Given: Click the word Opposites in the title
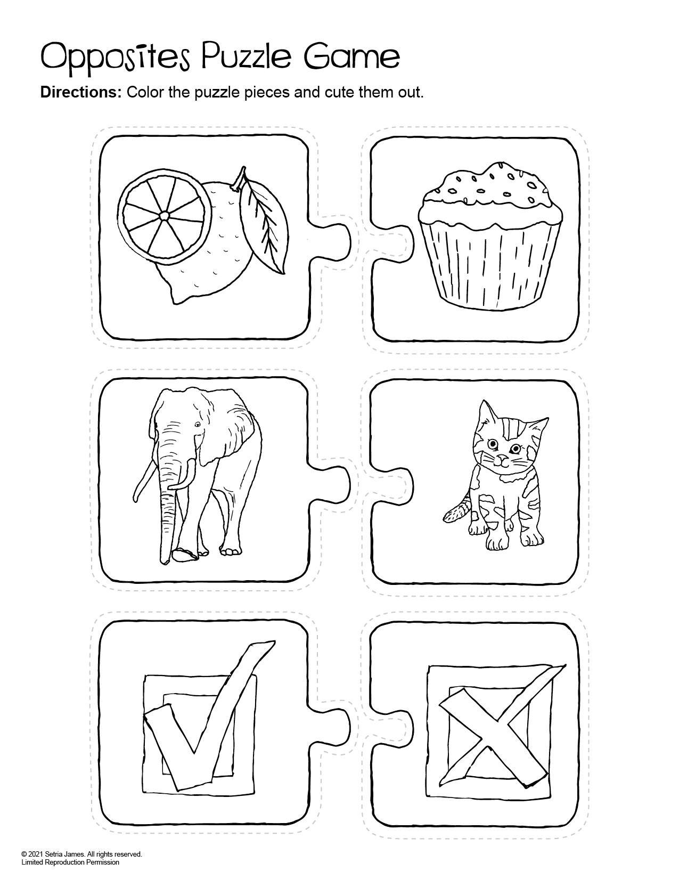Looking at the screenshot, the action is (115, 60).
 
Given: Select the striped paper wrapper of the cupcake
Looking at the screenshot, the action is (490, 267).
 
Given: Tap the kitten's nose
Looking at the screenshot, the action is (501, 458).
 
